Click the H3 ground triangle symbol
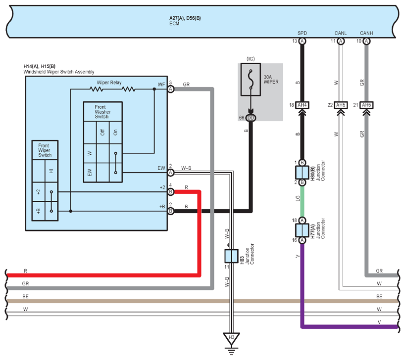231,338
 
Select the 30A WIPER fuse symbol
251,80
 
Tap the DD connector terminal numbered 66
251,118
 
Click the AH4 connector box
302,105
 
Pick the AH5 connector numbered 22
341,105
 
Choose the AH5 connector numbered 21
366,105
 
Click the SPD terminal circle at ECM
302,41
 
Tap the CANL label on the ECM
341,33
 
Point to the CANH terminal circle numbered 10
366,41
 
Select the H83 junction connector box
231,256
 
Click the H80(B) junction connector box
302,173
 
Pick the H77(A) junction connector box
302,230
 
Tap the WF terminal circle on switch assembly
170,89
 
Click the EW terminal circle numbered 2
170,173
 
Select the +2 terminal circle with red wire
170,192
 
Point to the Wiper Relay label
109,83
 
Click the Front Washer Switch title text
102,112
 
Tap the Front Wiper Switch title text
45,150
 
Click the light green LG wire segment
302,201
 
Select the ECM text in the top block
174,23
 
